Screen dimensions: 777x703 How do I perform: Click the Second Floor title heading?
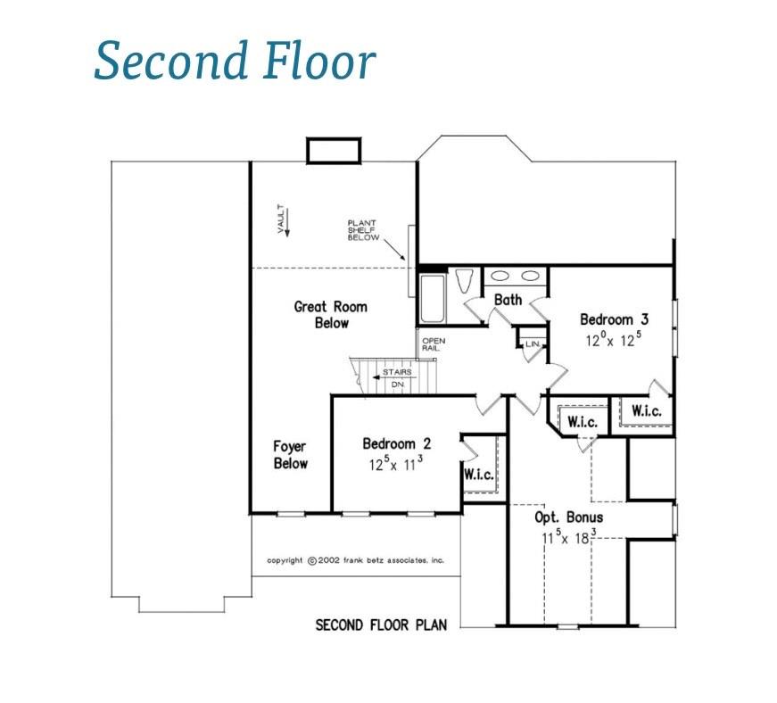[234, 62]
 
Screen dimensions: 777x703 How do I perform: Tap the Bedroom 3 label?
[608, 319]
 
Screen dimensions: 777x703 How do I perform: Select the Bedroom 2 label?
[396, 443]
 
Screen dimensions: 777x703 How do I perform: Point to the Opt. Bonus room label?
[567, 517]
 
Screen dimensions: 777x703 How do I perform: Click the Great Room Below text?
[330, 314]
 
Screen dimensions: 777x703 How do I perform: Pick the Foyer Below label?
[290, 455]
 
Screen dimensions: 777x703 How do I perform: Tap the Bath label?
[508, 300]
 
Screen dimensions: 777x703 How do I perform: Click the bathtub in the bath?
[432, 299]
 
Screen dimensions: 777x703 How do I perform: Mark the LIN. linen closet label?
[533, 343]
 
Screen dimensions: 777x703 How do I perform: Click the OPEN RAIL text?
[433, 344]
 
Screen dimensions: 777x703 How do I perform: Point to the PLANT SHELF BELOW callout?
[363, 229]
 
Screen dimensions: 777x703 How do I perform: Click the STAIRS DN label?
[397, 377]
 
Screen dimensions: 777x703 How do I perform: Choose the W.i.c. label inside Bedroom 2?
[478, 475]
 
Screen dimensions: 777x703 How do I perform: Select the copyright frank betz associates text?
[355, 560]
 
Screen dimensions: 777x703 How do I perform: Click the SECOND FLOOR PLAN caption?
[381, 624]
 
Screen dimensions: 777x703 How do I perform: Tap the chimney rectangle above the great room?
[333, 151]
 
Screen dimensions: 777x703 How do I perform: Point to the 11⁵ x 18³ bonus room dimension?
[568, 538]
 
